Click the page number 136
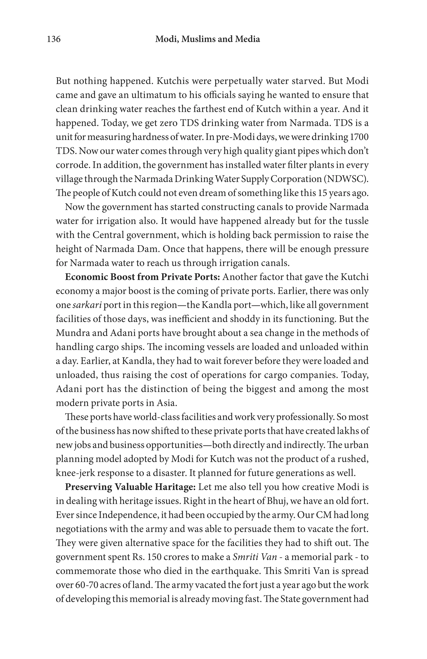tap(54, 39)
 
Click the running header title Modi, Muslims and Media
tap(207, 39)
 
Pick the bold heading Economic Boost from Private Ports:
tap(142, 277)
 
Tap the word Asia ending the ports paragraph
tap(167, 403)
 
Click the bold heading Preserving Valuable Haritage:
tap(131, 487)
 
